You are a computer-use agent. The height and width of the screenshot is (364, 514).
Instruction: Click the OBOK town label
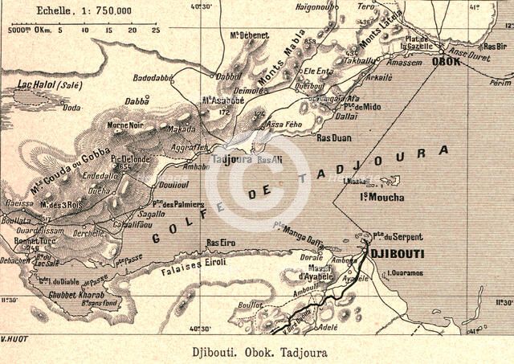click(446, 61)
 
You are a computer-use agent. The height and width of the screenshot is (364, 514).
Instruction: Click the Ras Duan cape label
click(333, 138)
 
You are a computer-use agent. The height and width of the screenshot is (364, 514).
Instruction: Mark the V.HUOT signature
click(14, 338)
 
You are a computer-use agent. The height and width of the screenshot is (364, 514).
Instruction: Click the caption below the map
click(255, 351)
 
